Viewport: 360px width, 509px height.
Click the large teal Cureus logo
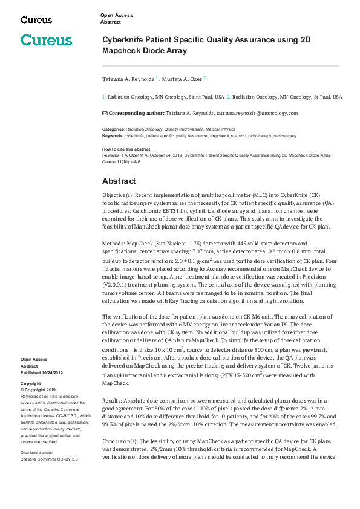[46, 41]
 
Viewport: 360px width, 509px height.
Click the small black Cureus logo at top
[36, 20]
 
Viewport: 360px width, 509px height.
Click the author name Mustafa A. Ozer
[183, 79]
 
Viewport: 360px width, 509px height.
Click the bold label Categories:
[113, 129]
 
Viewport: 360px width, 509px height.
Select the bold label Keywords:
[113, 136]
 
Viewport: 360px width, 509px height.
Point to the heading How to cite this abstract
[126, 149]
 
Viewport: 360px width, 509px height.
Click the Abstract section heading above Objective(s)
[119, 181]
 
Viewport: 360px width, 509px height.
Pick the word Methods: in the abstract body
[114, 242]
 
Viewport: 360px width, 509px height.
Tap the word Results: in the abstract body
[113, 401]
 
